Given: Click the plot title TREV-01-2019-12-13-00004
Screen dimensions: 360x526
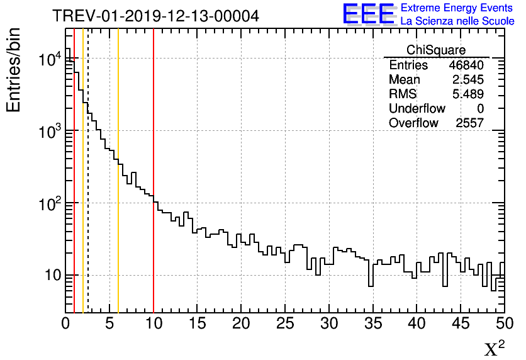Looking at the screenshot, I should coord(155,16).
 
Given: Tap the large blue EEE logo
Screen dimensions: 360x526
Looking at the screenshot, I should coord(369,14).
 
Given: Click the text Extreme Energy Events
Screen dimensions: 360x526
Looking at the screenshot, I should coord(457,8).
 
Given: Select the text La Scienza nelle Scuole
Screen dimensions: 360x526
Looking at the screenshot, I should coord(457,21).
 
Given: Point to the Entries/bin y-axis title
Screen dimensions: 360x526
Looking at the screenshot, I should coord(14,70).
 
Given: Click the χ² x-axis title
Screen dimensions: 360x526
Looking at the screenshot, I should coord(494,349).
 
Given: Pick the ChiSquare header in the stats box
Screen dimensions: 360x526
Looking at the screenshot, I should coord(436,50).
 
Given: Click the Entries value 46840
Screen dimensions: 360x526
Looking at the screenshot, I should coord(466,65).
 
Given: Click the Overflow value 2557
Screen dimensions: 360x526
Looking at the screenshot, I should coord(469,123).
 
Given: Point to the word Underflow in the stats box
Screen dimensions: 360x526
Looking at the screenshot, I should coord(417,109).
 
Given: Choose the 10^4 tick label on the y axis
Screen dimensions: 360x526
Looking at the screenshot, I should coord(49,60).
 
